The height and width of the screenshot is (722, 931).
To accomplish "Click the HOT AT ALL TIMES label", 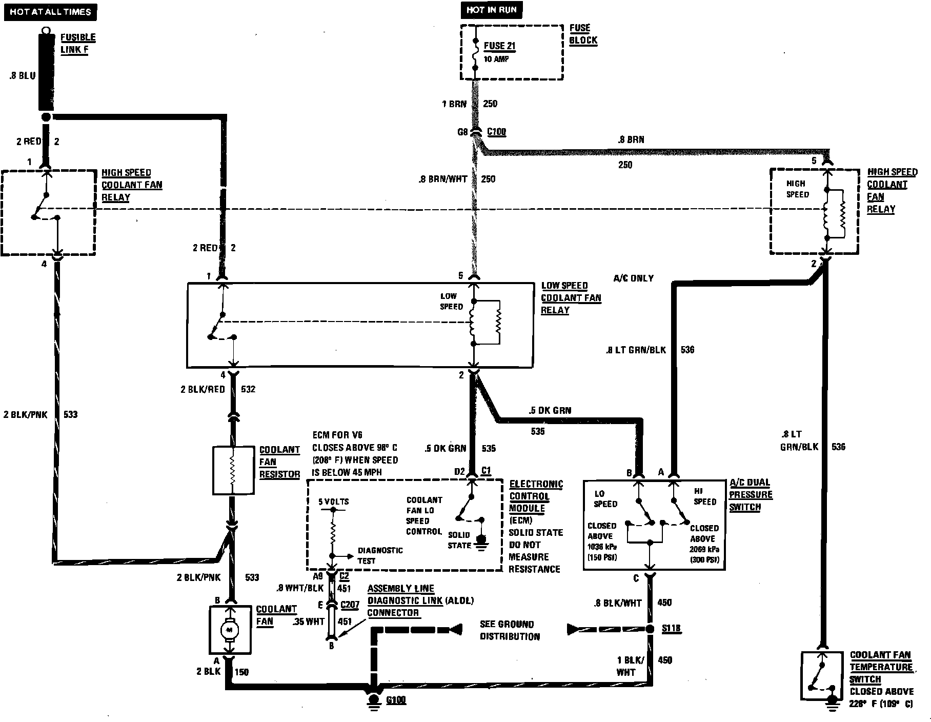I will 50,12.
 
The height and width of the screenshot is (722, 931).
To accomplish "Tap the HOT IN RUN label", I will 491,10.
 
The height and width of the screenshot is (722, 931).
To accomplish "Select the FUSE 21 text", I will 499,46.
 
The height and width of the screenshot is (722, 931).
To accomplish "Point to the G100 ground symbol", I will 374,699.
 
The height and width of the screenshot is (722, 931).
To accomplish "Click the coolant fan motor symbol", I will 229,630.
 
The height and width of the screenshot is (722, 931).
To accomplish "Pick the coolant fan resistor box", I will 233,470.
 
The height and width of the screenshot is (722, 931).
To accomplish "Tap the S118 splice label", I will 671,629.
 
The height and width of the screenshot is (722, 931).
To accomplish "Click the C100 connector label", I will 496,132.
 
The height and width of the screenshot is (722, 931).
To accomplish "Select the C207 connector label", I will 350,605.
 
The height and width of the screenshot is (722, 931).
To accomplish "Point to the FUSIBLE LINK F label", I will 78,44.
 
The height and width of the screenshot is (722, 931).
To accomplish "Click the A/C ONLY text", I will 634,278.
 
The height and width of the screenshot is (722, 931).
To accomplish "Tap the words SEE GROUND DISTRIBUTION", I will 510,630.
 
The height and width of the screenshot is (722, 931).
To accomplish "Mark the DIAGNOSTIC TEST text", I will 380,555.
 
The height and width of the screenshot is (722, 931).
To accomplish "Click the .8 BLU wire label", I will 23,75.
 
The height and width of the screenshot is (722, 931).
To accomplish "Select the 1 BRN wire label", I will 454,104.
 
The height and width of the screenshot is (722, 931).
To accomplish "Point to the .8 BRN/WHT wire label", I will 443,179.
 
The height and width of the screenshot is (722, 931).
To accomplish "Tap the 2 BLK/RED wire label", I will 203,389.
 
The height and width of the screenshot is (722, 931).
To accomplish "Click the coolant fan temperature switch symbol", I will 821,676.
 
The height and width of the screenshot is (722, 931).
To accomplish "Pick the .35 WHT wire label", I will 309,621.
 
